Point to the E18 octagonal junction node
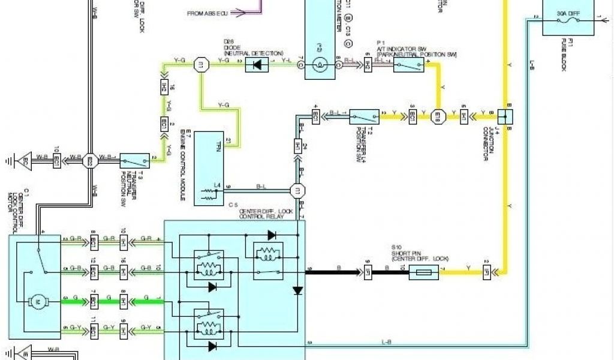[x=438, y=115]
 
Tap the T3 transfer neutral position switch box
[x=135, y=160]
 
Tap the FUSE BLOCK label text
[x=564, y=56]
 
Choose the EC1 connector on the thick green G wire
[x=94, y=298]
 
